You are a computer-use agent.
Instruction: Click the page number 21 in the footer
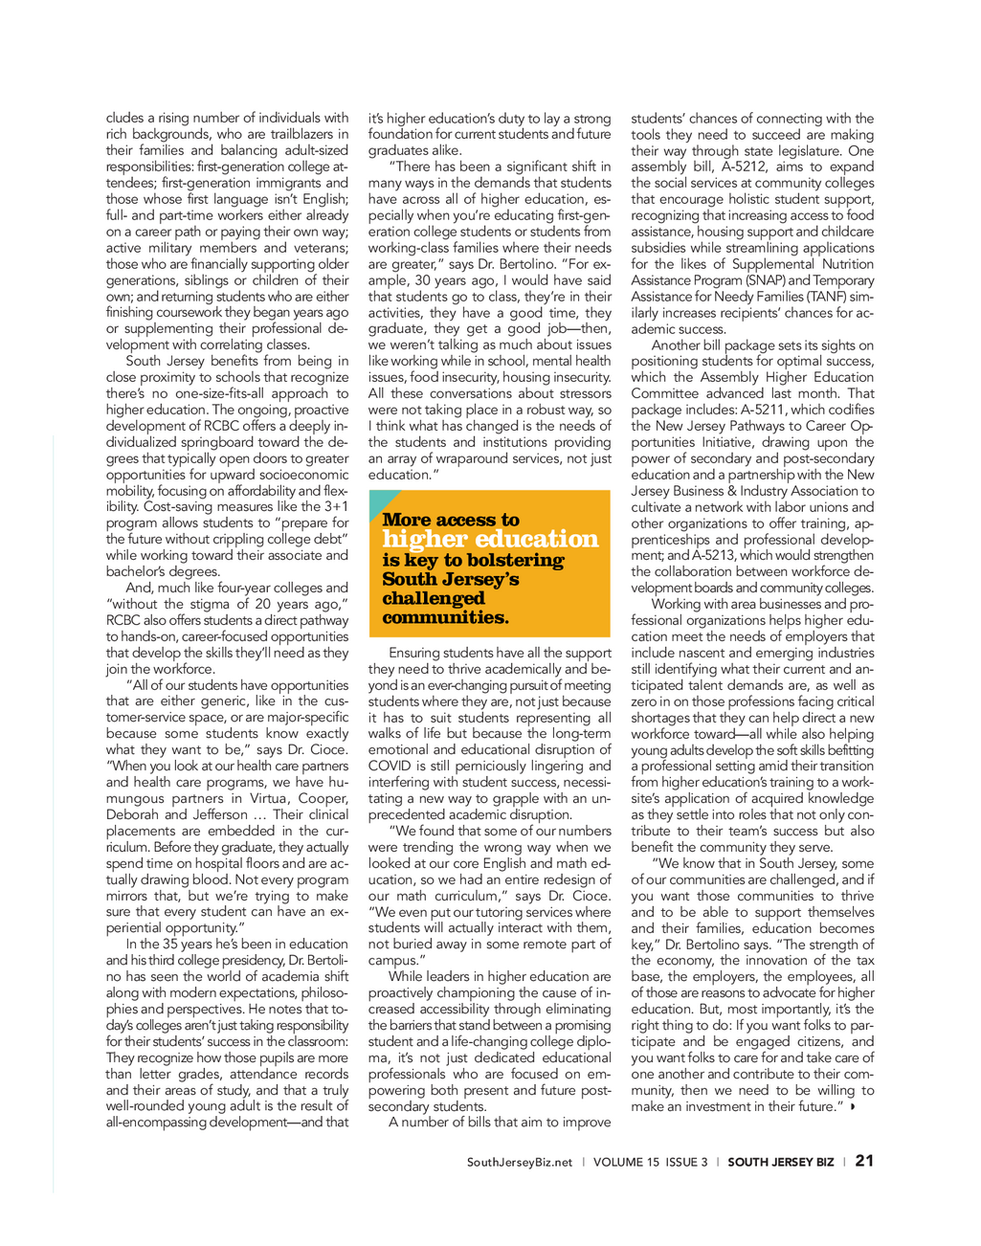(x=864, y=1161)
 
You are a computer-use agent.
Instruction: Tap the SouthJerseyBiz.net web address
(x=520, y=1162)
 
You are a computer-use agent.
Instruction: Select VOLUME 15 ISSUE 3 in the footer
(x=651, y=1162)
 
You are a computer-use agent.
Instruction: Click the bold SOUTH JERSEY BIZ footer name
(x=780, y=1162)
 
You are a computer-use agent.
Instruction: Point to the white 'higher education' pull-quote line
(x=490, y=539)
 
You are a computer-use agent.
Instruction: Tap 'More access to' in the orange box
(x=451, y=520)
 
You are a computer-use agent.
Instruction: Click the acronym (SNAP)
(x=762, y=280)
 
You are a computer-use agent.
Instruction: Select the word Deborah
(x=132, y=814)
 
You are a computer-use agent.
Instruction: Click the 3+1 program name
(x=336, y=506)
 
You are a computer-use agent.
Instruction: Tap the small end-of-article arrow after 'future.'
(x=852, y=1106)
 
